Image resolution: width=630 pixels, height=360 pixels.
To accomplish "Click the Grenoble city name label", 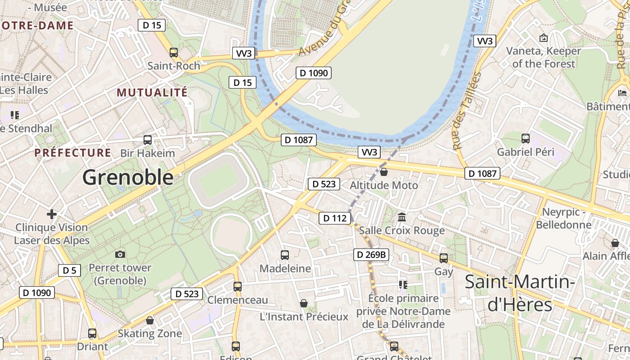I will coord(128,177).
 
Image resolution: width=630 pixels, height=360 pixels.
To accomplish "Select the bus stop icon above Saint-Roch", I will coord(174,52).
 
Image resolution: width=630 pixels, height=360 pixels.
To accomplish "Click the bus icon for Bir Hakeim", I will coord(148,139).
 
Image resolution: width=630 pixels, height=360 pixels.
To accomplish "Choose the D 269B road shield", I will coord(371,255).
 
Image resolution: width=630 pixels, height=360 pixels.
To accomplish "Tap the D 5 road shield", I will coord(69,270).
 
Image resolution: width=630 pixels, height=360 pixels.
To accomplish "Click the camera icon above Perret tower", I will coord(120,254).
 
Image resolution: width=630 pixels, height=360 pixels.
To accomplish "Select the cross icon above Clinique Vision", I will coord(52,214).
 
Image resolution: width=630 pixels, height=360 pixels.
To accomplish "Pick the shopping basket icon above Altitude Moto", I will coord(384,171).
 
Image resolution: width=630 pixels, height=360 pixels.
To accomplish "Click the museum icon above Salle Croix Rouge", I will coord(402,217).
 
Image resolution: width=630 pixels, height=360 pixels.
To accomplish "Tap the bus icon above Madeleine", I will coord(285,255).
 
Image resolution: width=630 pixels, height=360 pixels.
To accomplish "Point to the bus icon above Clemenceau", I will coord(238,286).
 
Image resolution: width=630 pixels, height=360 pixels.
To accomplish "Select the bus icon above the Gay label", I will coord(444,258).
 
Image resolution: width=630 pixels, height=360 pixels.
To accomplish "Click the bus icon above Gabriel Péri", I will coord(525,139).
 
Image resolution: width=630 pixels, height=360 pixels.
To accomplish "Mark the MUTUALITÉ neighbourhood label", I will coord(152,93).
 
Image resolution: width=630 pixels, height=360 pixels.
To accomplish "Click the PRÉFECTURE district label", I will coord(73,153).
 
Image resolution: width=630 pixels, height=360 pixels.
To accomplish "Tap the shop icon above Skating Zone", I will coord(150,320).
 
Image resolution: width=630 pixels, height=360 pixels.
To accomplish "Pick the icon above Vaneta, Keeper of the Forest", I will coord(543,38).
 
